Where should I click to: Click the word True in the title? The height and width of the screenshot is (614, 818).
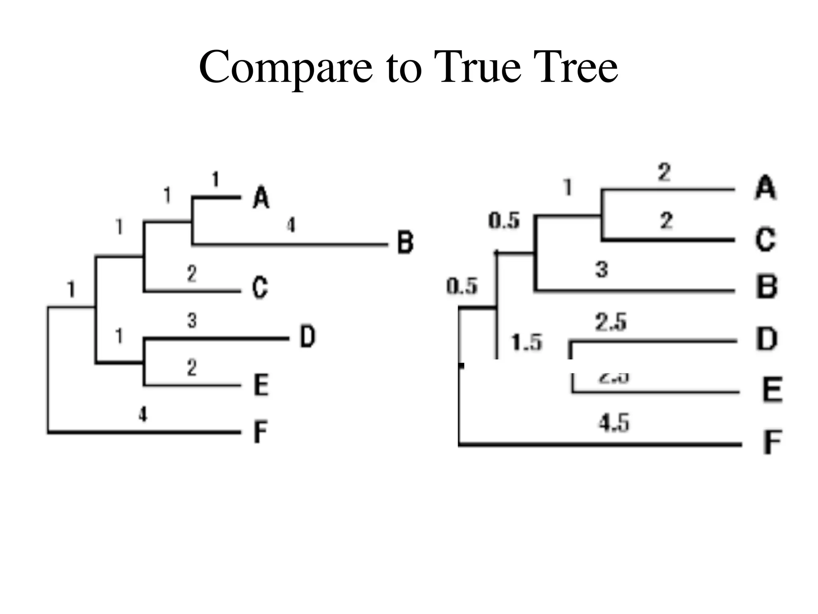tap(477, 67)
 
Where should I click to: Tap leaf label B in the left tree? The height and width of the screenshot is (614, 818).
tap(405, 242)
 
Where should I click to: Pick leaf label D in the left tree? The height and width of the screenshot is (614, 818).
tap(307, 337)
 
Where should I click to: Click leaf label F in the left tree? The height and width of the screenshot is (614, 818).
tap(260, 432)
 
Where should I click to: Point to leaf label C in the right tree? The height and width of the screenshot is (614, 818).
tap(765, 239)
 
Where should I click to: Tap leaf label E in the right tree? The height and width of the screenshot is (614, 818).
tap(772, 390)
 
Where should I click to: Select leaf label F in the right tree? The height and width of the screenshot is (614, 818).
tap(772, 442)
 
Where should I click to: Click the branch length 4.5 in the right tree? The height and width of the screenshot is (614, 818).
tap(613, 423)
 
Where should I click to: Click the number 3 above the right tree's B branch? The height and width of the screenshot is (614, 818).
tap(602, 269)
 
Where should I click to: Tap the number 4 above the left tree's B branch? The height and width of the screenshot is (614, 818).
tap(291, 225)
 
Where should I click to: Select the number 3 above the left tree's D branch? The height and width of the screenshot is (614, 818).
tap(192, 321)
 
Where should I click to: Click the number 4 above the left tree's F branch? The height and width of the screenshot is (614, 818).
tap(143, 414)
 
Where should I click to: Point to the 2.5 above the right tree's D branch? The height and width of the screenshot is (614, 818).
tap(611, 322)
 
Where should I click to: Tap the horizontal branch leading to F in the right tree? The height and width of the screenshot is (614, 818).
tap(599, 444)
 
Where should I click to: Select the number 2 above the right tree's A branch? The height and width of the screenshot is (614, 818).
tap(664, 173)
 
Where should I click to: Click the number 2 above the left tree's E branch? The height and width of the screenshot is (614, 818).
tap(192, 367)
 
